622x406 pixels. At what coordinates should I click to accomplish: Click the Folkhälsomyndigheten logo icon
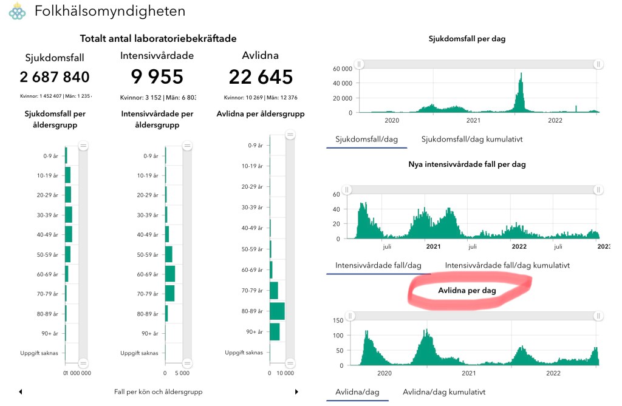click(17, 11)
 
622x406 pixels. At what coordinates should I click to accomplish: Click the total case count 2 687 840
click(55, 77)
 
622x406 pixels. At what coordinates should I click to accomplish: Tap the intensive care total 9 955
click(157, 77)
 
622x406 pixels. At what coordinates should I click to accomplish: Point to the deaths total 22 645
click(261, 77)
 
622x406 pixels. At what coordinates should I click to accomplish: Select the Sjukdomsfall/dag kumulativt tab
click(472, 139)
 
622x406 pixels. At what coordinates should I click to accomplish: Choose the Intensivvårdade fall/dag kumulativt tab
click(507, 265)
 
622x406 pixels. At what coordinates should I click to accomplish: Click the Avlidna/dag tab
click(357, 391)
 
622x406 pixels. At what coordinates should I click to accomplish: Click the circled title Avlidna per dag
click(467, 291)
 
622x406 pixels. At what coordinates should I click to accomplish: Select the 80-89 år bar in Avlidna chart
click(277, 311)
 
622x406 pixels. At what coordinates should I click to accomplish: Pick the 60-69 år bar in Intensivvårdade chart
click(170, 274)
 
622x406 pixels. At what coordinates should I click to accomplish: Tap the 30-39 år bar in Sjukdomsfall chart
click(69, 215)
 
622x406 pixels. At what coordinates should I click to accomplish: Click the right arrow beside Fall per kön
click(296, 392)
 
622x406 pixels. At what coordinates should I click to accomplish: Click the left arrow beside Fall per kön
click(21, 392)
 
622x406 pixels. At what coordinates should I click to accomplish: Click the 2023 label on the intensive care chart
click(604, 246)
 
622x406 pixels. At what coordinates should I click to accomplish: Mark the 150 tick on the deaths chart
click(338, 320)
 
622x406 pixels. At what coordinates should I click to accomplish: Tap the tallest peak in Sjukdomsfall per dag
click(521, 75)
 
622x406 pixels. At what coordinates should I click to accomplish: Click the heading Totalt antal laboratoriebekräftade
click(158, 38)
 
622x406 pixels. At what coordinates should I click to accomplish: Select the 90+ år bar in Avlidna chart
click(275, 332)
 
